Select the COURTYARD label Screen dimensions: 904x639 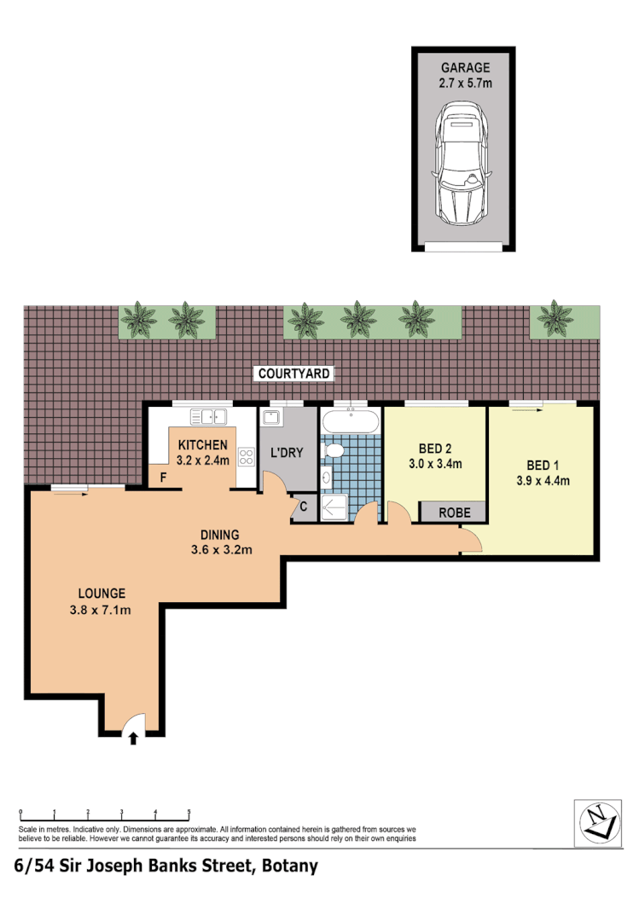[x=294, y=374]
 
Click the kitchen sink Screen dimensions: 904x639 [x=207, y=417]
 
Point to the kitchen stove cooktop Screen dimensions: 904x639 [x=246, y=456]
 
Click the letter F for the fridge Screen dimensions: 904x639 [x=162, y=478]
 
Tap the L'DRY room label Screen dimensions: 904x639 [x=287, y=453]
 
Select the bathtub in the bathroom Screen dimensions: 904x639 [x=351, y=421]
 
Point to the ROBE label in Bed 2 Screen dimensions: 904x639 [x=453, y=513]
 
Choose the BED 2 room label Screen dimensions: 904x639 [x=435, y=449]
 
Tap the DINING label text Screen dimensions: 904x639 [x=221, y=534]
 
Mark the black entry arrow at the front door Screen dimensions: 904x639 [x=132, y=739]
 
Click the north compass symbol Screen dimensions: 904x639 [x=598, y=821]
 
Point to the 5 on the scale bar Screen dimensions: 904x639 [x=189, y=813]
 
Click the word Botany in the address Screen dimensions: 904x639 [x=289, y=866]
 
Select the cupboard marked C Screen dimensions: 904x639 [x=303, y=507]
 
